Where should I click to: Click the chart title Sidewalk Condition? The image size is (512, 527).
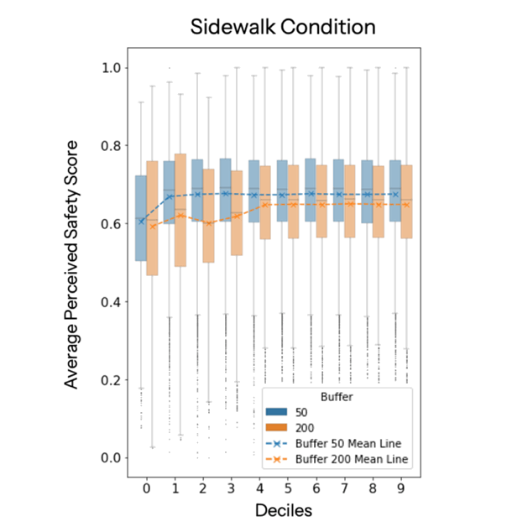pyautogui.click(x=282, y=26)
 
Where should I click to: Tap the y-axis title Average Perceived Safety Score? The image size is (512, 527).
pyautogui.click(x=73, y=263)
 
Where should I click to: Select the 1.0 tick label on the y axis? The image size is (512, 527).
pyautogui.click(x=109, y=67)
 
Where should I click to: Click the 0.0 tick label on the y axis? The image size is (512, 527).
pyautogui.click(x=109, y=457)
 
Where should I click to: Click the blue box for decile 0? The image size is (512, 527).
pyautogui.click(x=141, y=218)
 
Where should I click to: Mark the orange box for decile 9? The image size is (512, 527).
pyautogui.click(x=407, y=201)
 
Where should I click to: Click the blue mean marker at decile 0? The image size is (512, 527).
pyautogui.click(x=141, y=222)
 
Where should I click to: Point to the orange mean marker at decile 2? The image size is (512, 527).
pyautogui.click(x=210, y=222)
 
